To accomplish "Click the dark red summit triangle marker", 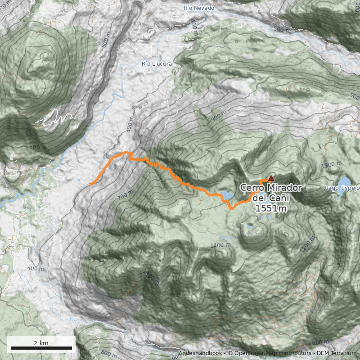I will click(271, 178).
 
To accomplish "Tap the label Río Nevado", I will click(199, 8).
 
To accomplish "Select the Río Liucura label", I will click(157, 64).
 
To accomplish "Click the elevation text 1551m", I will click(270, 208).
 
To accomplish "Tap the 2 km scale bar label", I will click(41, 343).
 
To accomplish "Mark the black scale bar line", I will click(41, 348).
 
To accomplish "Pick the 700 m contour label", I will click(126, 195).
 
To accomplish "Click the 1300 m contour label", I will click(332, 166).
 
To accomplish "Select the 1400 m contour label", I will click(220, 245).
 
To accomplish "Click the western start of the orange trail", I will click(90, 184).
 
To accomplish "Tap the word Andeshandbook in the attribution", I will click(200, 353).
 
